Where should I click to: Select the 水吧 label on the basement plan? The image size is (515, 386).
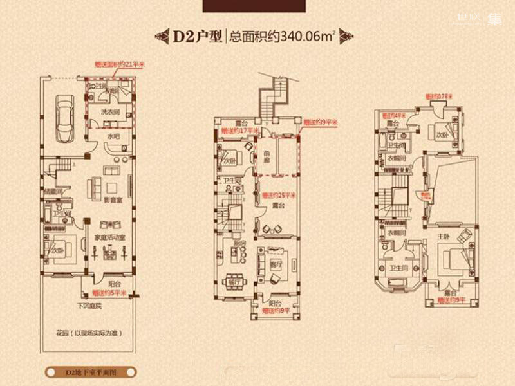pos(113,136)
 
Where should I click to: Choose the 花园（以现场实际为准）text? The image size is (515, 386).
pos(89,333)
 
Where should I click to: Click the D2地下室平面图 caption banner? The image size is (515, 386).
pos(89,372)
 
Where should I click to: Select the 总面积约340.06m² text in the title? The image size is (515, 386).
pos(283,36)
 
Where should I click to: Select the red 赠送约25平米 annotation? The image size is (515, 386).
pos(277,195)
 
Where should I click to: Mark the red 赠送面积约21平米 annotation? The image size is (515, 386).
pos(116,64)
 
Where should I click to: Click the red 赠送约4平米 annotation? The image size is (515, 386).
pos(395,115)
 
